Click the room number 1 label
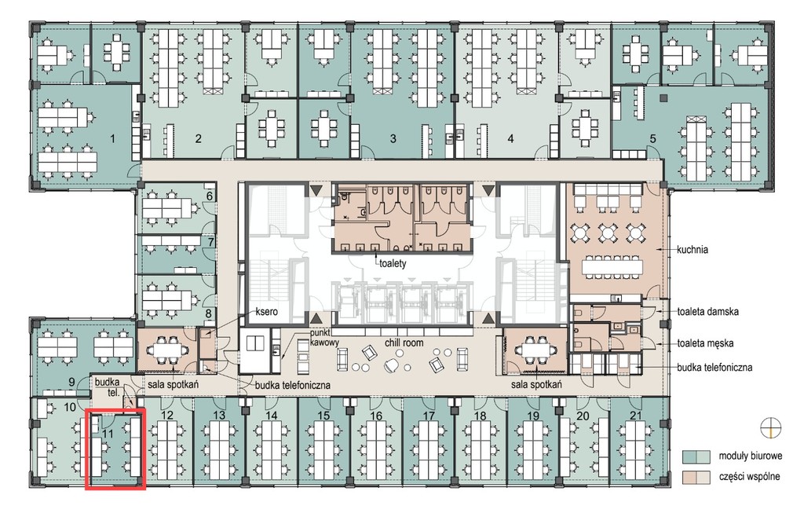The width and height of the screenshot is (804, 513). [112, 138]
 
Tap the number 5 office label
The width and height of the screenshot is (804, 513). [652, 138]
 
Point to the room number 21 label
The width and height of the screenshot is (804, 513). [635, 415]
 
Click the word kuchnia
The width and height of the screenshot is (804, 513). [693, 250]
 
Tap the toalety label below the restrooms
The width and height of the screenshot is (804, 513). [393, 263]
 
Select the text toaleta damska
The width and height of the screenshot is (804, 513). [707, 311]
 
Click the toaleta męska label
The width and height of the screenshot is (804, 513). [705, 343]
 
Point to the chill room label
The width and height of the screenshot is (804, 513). [404, 343]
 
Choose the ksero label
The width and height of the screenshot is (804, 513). [267, 311]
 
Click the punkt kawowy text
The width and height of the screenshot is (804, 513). [324, 337]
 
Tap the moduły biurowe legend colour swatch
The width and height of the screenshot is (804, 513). [696, 456]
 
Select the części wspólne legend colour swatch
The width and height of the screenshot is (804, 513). [696, 478]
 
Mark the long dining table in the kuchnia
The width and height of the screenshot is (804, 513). [612, 266]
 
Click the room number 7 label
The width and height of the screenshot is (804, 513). [210, 241]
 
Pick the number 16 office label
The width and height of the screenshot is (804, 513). [376, 415]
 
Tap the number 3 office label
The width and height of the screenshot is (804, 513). [393, 138]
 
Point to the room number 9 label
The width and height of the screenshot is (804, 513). [71, 382]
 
